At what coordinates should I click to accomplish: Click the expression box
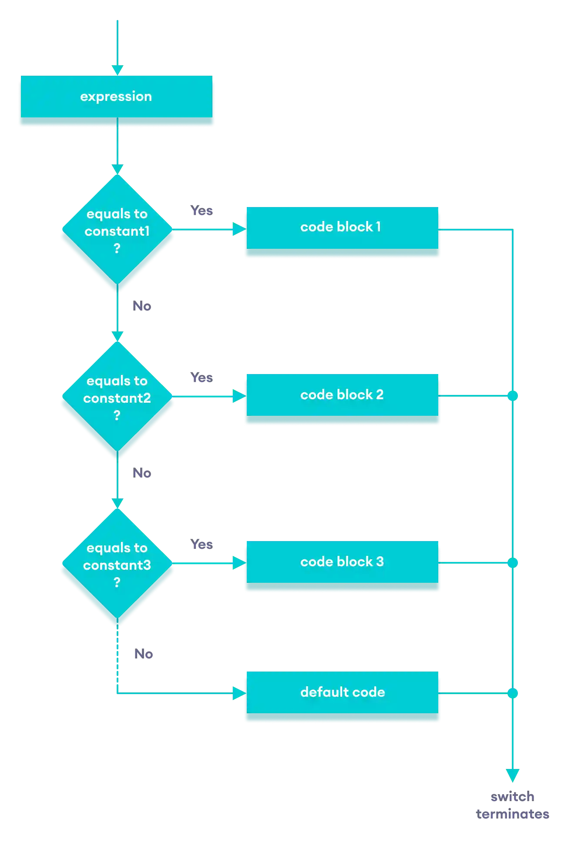tap(116, 97)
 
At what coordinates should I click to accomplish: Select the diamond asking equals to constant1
tap(117, 231)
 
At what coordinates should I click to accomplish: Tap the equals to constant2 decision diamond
tap(117, 398)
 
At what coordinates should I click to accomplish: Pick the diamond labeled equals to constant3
tap(117, 565)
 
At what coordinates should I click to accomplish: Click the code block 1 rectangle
tap(341, 227)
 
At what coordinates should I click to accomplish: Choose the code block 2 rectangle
tap(341, 395)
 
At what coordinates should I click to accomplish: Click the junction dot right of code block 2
tap(513, 396)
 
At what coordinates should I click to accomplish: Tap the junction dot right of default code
tap(513, 693)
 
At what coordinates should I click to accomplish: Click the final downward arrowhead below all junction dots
tap(513, 775)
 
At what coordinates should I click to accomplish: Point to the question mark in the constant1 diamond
tap(117, 248)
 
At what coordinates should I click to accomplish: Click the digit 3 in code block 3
tap(380, 562)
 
